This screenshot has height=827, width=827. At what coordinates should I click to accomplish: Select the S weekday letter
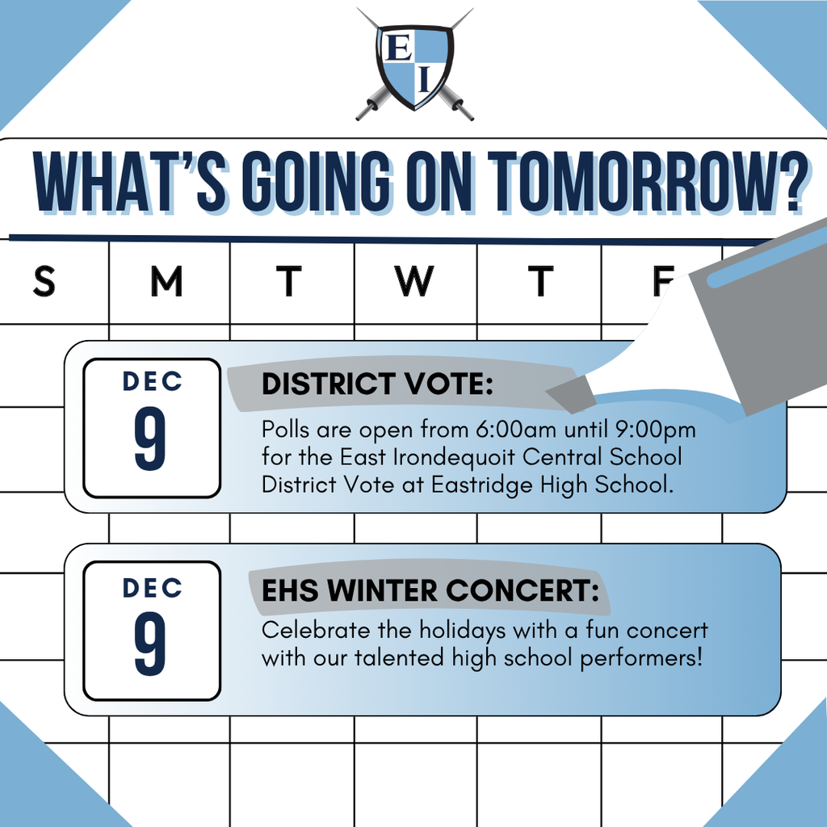point(44,282)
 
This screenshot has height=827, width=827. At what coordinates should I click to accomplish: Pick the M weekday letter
point(167,282)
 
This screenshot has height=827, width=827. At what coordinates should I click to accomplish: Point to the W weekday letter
point(413,282)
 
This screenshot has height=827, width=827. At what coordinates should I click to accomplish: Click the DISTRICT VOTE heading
point(376,385)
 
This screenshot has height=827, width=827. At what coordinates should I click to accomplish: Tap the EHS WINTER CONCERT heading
point(430,590)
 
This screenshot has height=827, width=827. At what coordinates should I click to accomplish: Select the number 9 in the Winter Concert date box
point(150,647)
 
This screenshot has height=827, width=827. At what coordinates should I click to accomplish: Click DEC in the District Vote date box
point(152,382)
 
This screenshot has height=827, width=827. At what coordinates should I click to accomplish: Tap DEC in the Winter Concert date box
point(152,588)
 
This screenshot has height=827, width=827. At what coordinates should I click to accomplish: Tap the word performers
point(640,658)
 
